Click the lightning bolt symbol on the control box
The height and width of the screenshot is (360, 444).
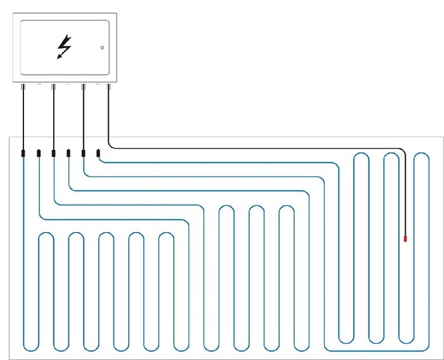pyautogui.click(x=64, y=47)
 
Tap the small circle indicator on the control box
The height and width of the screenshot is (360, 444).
pyautogui.click(x=102, y=48)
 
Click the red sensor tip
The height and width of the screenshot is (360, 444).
pyautogui.click(x=405, y=239)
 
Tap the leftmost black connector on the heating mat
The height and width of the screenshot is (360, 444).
pyautogui.click(x=23, y=153)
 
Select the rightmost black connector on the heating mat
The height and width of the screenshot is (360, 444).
pyautogui.click(x=98, y=153)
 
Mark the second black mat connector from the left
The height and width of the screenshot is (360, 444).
pyautogui.click(x=39, y=153)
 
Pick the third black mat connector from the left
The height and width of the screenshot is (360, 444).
pyautogui.click(x=53, y=153)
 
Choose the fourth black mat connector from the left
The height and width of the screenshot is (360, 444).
pyautogui.click(x=69, y=153)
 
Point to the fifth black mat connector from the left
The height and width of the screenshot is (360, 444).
pyautogui.click(x=84, y=153)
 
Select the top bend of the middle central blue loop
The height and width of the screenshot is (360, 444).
pyautogui.click(x=257, y=206)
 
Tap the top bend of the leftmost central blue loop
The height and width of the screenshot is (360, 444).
pyautogui.click(x=226, y=206)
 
